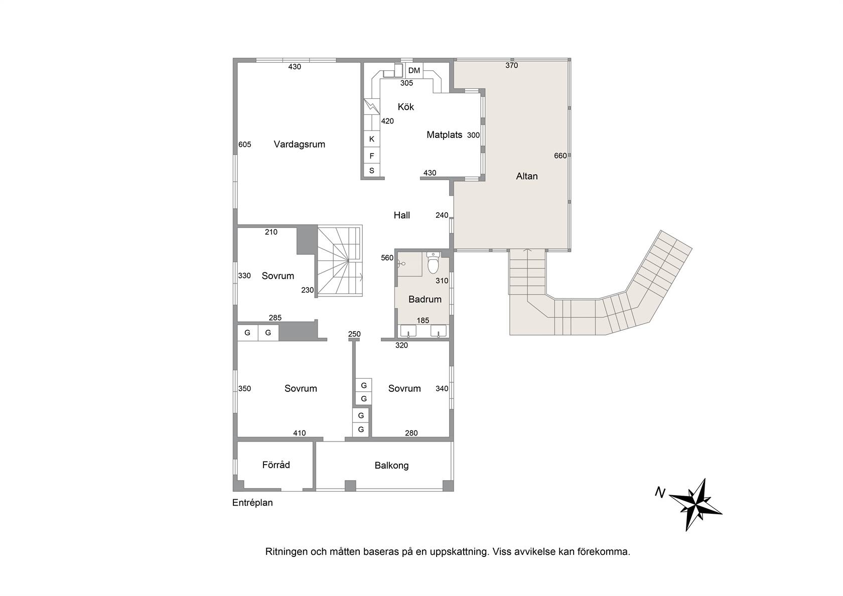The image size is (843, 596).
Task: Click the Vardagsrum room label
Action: point(299,144)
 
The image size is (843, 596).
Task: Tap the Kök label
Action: point(405,107)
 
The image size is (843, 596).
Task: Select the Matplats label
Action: point(444,134)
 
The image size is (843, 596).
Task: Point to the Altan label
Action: point(526,176)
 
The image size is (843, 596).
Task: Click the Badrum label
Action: point(425,299)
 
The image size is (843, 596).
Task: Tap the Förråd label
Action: point(276,465)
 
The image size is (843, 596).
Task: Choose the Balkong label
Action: point(391,466)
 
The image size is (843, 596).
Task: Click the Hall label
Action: point(401,215)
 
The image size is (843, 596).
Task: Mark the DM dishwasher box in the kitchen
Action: point(414,70)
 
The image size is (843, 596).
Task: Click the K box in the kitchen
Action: point(372,139)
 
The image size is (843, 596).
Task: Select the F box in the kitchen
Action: point(372,156)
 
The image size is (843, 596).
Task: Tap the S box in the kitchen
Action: point(372,170)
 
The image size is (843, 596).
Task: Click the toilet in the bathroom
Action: point(433,262)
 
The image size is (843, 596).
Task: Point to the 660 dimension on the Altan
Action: point(560,156)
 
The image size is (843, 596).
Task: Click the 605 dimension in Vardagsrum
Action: point(245,144)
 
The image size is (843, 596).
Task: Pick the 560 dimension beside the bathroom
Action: point(387,258)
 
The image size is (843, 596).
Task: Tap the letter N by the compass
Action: point(660,493)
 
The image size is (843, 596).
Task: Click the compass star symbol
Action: point(697,505)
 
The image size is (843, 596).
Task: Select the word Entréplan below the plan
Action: point(252,503)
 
